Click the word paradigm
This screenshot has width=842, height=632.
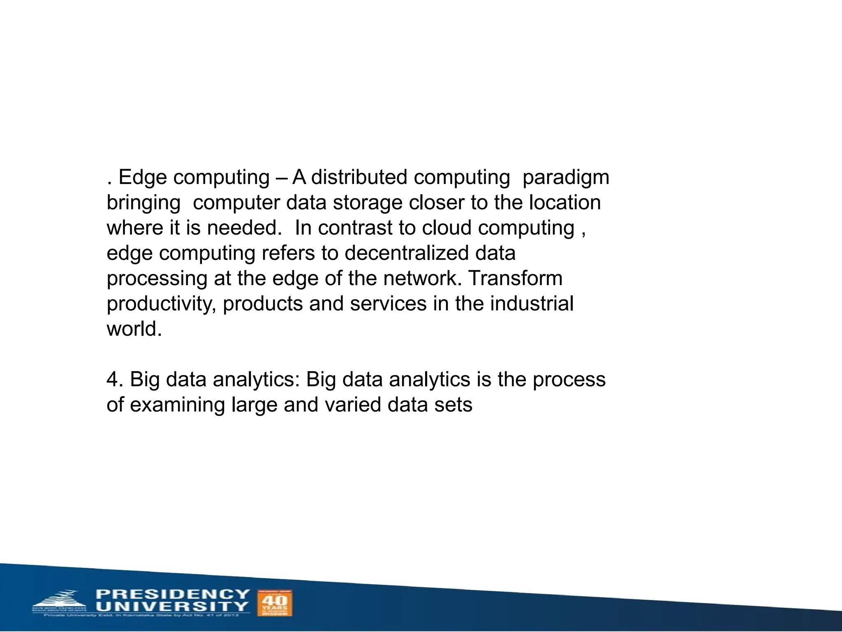click(566, 178)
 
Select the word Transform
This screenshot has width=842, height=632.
click(516, 278)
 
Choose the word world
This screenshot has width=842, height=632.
click(134, 329)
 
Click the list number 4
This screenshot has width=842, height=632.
click(113, 379)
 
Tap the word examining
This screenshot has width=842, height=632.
click(178, 405)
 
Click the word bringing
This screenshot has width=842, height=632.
click(143, 203)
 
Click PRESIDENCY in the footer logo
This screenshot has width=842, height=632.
click(173, 594)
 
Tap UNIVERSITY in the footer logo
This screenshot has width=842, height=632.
click(173, 606)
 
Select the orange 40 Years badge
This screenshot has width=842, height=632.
click(275, 603)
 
